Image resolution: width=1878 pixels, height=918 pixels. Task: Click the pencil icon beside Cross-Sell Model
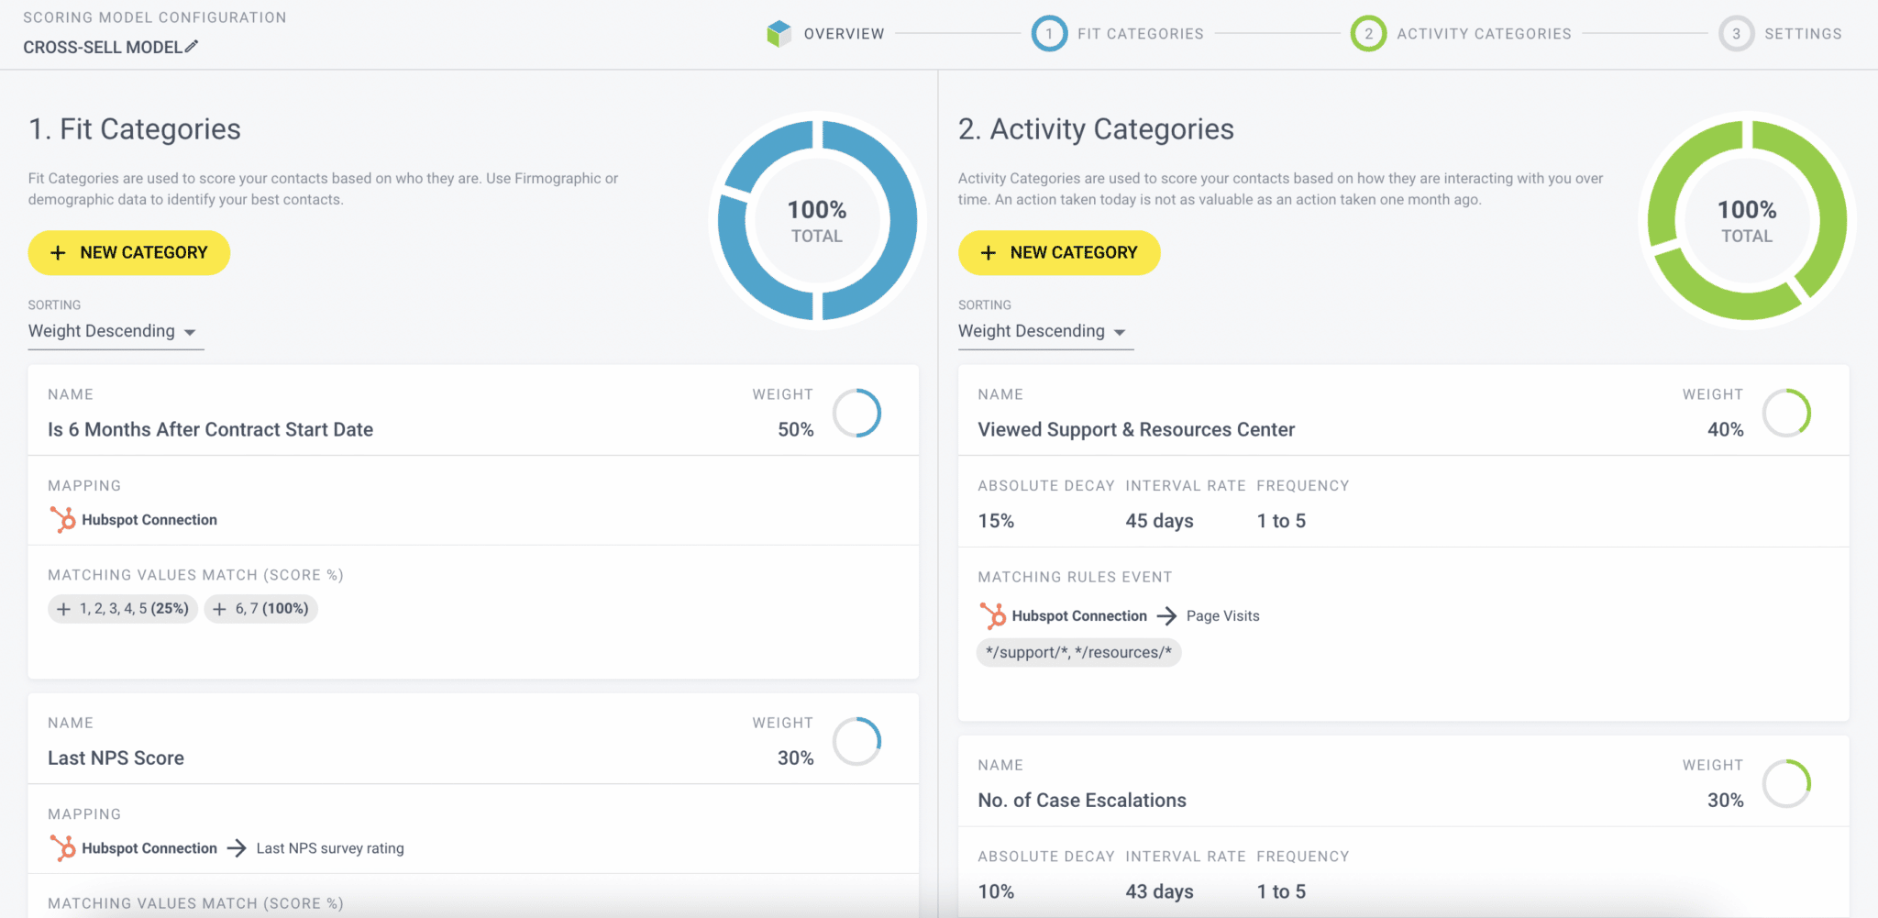[x=191, y=47]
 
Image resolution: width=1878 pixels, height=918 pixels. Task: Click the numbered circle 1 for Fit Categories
[x=1049, y=34]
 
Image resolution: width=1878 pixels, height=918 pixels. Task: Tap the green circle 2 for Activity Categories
[x=1368, y=34]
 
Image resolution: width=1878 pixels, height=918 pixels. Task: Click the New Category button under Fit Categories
[x=129, y=252]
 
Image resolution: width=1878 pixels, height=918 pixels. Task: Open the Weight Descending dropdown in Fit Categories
[x=116, y=332]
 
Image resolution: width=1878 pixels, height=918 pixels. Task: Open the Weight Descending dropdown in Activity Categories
[x=1045, y=332]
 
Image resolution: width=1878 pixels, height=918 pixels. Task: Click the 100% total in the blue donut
[x=817, y=210]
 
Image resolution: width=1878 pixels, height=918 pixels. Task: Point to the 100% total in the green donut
[x=1747, y=210]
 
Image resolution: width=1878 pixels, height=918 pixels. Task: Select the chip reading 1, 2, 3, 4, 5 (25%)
[x=123, y=608]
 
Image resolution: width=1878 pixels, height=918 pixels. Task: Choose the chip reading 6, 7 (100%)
[x=261, y=608]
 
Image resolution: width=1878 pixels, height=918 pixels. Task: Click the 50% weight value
[x=795, y=429]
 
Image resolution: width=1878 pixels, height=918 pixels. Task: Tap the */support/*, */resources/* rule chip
[x=1078, y=652]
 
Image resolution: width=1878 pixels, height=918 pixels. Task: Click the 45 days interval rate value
[x=1159, y=521]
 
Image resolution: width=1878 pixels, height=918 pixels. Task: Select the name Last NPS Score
[x=116, y=758]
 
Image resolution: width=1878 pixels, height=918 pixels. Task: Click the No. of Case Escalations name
[x=1082, y=801]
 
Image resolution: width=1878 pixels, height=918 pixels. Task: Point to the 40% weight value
[x=1725, y=429]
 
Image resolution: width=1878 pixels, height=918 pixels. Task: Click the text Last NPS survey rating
[x=330, y=848]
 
